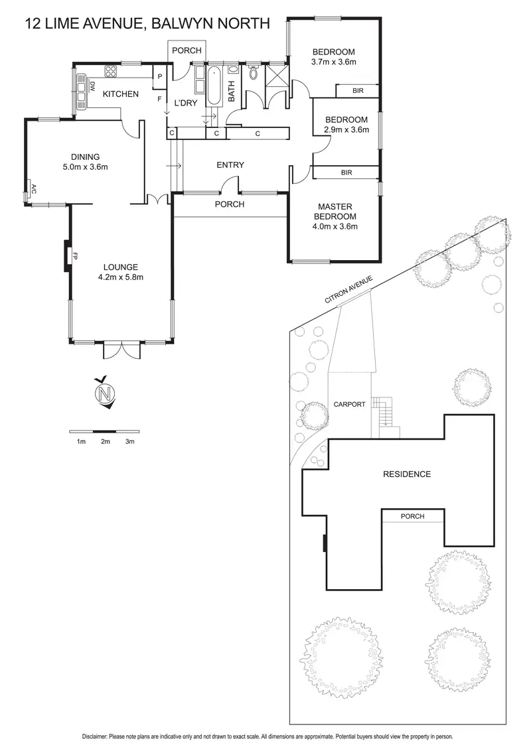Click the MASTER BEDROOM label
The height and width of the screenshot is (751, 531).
[x=335, y=211]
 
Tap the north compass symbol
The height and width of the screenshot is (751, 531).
[x=106, y=393]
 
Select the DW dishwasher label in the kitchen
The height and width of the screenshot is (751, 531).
[x=92, y=87]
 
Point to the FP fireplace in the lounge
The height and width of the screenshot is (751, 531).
[x=75, y=256]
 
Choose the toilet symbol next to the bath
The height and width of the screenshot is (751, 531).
[x=254, y=72]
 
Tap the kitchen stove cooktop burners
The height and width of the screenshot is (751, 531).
[x=111, y=72]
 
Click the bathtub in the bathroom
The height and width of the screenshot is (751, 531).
[x=213, y=86]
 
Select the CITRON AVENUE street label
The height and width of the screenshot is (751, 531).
[x=348, y=290]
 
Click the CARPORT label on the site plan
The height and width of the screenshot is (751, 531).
[x=349, y=404]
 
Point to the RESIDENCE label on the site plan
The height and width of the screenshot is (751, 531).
[x=407, y=474]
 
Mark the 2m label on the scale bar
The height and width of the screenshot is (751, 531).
[x=106, y=442]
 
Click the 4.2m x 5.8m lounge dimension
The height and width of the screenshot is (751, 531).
[x=121, y=277]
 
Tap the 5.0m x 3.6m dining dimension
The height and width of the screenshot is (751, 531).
[x=86, y=167]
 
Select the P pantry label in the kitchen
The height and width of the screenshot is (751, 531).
[x=160, y=77]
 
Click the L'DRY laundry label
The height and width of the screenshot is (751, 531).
[x=185, y=102]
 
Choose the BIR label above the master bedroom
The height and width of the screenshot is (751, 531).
[x=346, y=172]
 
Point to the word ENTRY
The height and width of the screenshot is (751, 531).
[x=230, y=165]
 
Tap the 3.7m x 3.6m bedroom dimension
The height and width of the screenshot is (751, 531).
[x=334, y=62]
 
